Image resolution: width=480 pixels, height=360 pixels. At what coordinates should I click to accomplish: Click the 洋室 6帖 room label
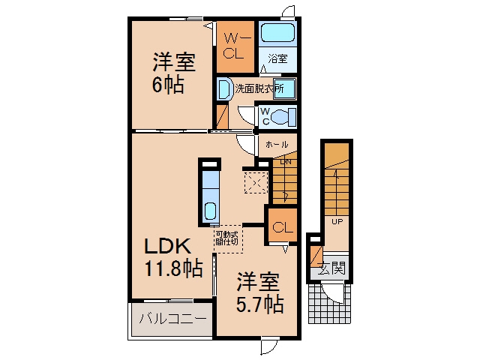coord(173,73)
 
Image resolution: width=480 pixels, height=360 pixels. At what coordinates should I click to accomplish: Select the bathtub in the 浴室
coord(277,34)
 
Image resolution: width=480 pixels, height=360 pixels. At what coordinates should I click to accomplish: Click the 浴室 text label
coord(277,58)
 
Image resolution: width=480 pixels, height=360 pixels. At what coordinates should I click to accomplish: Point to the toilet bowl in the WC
coord(283,117)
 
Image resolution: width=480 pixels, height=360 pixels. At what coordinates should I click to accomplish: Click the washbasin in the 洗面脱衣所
coord(225,88)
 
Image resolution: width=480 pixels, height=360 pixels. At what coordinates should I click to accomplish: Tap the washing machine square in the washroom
coord(285,88)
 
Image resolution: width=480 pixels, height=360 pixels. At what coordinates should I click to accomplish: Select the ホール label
coord(277,144)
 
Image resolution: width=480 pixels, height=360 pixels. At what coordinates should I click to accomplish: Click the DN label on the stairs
coord(286,162)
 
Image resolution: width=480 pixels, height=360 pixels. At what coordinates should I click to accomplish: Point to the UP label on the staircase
coord(337,221)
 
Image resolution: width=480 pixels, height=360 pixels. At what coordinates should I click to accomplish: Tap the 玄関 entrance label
coord(331,268)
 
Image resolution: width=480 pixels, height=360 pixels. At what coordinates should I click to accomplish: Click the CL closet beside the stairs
coord(282,225)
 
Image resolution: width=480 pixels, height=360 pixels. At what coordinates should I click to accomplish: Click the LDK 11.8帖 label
coord(173,257)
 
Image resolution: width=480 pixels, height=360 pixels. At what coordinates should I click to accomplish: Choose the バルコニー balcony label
coord(173,319)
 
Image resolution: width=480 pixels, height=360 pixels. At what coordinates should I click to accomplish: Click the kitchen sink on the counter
coord(210,211)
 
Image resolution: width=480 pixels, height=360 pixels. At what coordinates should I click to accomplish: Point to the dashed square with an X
coord(256,183)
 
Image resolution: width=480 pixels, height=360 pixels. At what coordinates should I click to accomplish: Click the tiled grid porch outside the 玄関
coord(329,303)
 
